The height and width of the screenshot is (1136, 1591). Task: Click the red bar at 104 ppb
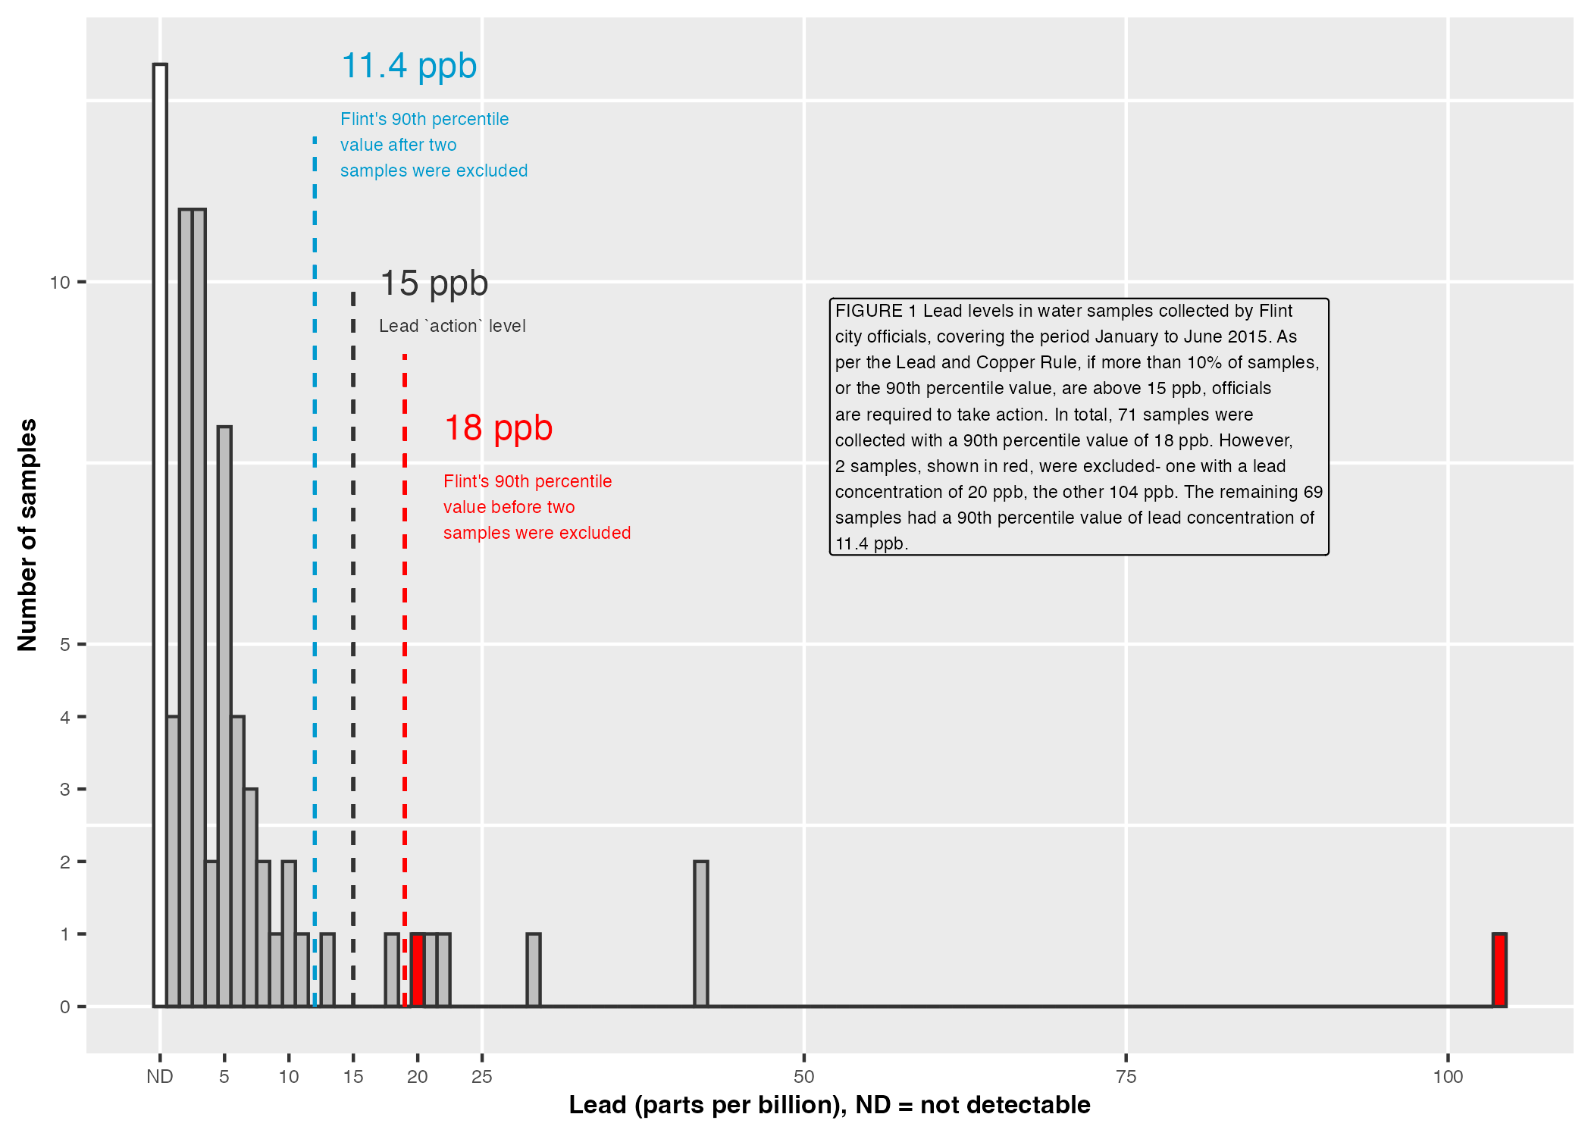(1499, 970)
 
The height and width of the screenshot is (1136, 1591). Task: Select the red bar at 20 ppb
(418, 970)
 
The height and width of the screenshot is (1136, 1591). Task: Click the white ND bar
(160, 530)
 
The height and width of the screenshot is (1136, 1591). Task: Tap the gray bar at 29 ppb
(534, 970)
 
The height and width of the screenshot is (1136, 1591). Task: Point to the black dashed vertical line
(353, 606)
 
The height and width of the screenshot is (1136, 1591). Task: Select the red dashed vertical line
(405, 606)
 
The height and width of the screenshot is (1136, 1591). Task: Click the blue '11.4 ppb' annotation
(409, 66)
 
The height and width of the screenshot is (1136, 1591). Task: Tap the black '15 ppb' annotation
(434, 283)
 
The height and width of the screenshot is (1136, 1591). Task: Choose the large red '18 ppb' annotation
(498, 428)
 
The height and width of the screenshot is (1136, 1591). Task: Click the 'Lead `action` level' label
(452, 326)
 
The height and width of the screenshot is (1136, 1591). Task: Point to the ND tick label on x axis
(160, 1077)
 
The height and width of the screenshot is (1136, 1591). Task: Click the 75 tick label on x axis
(1126, 1077)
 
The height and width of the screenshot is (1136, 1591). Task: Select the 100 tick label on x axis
(1448, 1077)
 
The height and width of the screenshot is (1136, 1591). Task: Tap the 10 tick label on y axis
(59, 283)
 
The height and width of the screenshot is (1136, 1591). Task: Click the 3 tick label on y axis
(64, 790)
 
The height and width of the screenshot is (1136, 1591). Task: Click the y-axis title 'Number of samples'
(27, 534)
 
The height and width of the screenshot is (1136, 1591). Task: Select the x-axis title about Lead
(829, 1105)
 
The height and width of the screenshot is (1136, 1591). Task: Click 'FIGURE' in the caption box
(869, 311)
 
